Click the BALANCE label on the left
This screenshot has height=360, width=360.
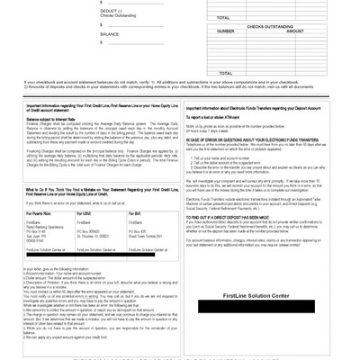point(109,33)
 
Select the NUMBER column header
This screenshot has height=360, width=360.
point(226,31)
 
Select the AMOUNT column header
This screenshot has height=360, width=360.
point(294,31)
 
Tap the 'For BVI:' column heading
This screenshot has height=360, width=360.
point(136,213)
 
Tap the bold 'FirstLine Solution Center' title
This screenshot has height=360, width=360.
point(260,294)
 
